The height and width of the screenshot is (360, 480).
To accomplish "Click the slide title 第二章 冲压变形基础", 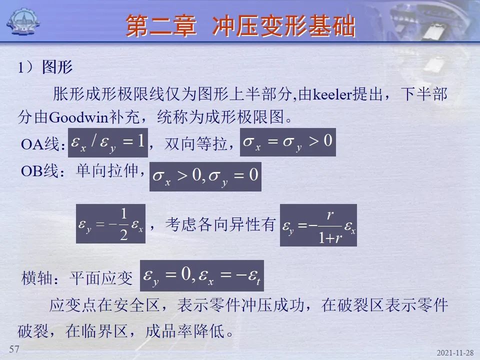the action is (240, 26).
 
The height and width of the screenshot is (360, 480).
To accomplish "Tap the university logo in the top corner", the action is (23, 21).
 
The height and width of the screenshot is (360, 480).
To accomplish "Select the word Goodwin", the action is (78, 117).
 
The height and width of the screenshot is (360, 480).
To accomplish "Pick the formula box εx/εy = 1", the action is (108, 142).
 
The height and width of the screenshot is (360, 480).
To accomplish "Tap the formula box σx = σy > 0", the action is (288, 142).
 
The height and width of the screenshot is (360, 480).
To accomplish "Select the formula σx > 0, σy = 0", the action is (205, 176).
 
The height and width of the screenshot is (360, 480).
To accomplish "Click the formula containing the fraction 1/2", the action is (110, 224).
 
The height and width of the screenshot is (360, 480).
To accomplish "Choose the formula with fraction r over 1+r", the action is (318, 225).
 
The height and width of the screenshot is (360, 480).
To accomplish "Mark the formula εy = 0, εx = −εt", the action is (201, 275).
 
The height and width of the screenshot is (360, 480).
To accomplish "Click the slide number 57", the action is (14, 348).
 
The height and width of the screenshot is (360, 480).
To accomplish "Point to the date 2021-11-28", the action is (455, 353).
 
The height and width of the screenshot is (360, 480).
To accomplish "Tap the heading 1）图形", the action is (45, 67).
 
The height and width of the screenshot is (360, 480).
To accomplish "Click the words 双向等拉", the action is (196, 144).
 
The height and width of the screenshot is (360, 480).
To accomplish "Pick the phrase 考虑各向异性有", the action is (220, 224).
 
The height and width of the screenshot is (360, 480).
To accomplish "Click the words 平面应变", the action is (101, 278).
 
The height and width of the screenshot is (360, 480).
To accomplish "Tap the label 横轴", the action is (36, 278).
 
